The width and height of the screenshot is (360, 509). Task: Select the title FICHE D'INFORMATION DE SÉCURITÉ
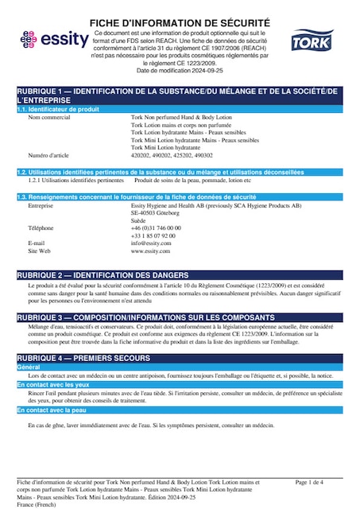click(180, 22)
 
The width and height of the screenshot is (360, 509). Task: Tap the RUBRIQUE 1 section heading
click(180, 95)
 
